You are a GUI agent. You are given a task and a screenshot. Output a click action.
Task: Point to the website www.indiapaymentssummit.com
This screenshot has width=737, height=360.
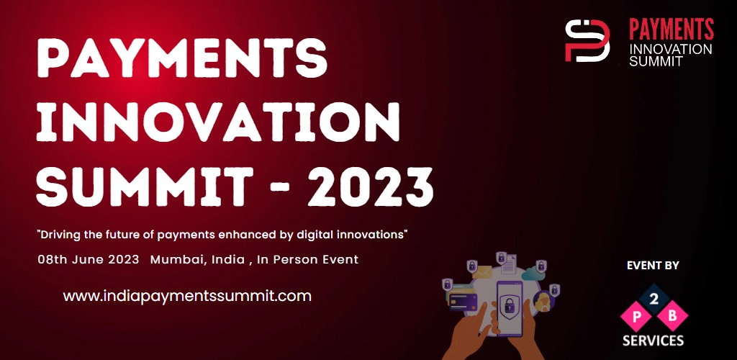click(x=187, y=295)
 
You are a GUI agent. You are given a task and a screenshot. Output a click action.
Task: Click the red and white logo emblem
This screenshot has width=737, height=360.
click(x=587, y=40)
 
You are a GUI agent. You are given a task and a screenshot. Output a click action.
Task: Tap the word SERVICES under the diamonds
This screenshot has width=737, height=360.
click(x=654, y=340)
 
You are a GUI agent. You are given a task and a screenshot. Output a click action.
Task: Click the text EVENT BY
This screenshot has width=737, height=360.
click(x=653, y=266)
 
